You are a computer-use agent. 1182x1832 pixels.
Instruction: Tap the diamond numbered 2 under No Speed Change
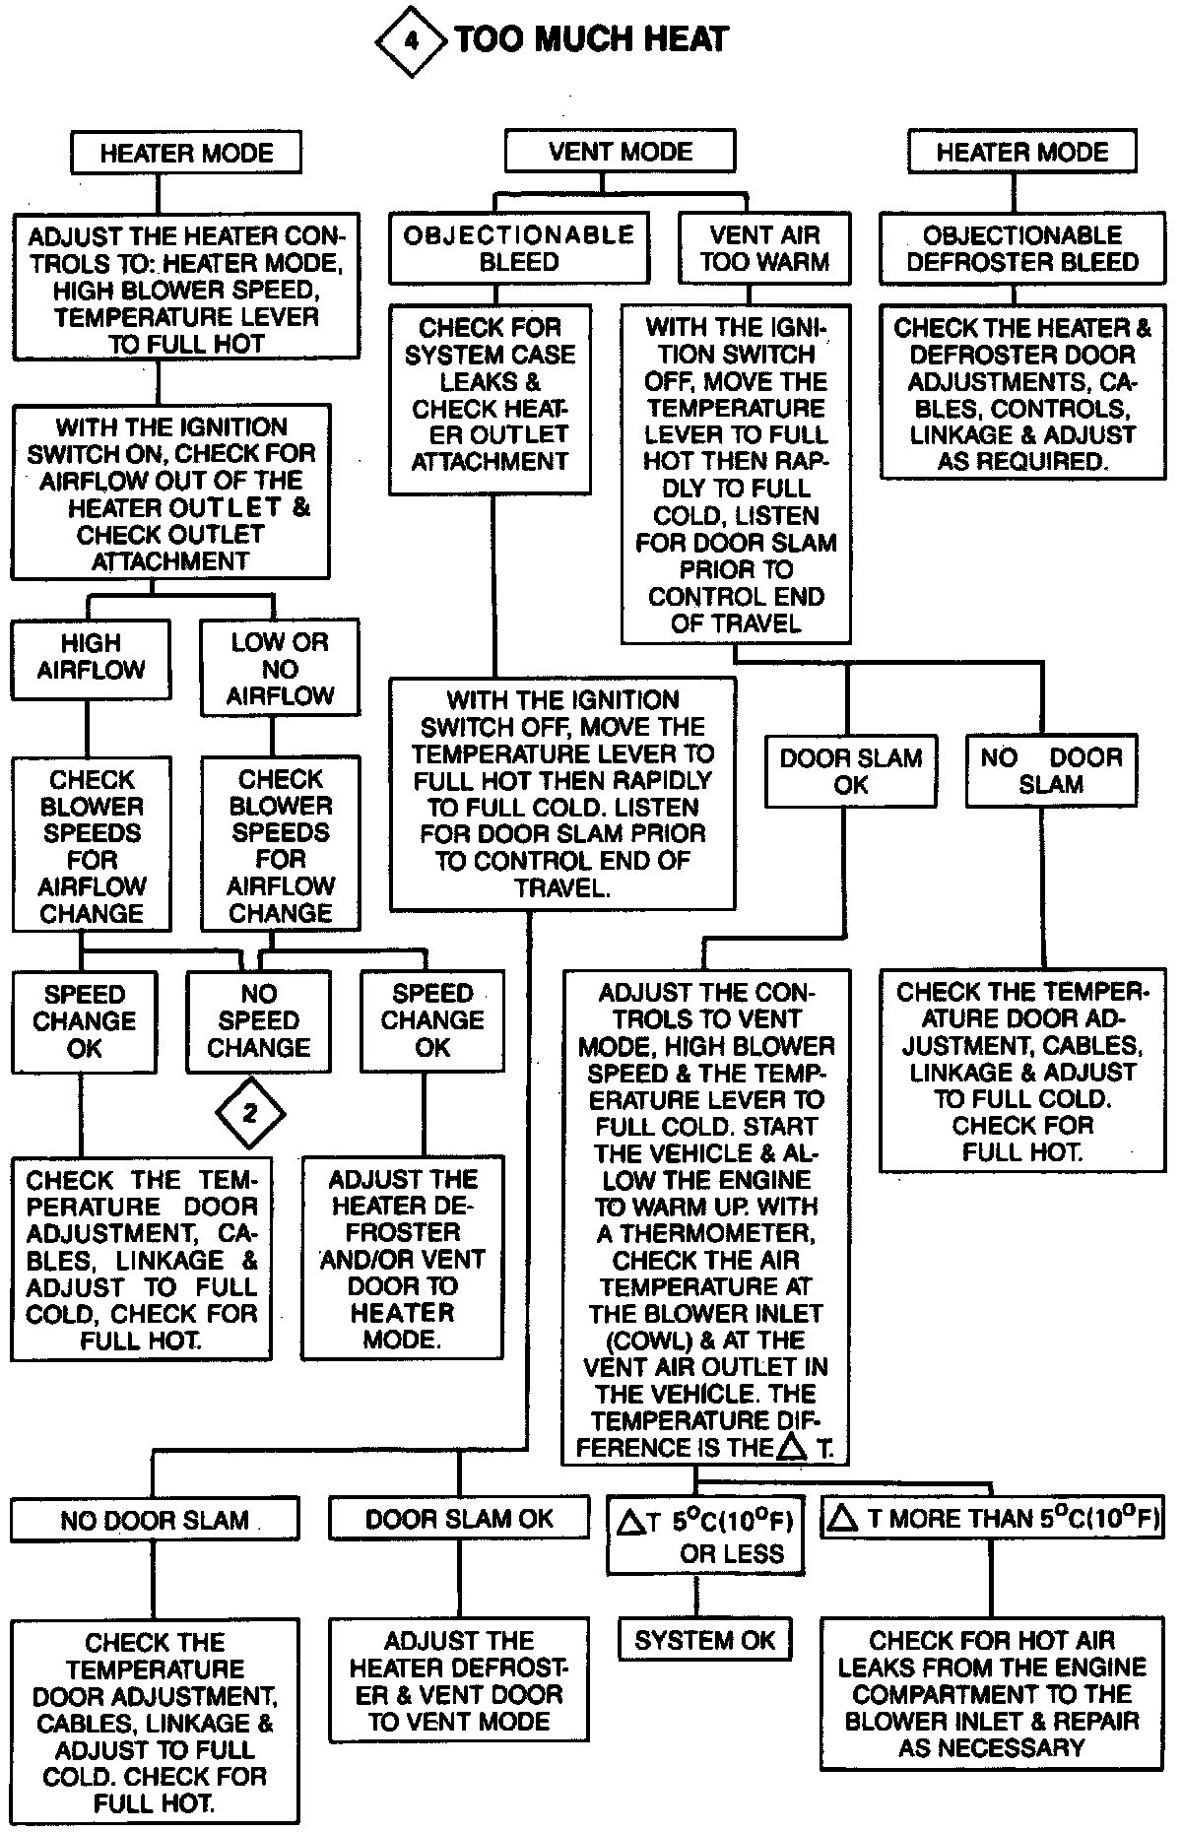pos(250,1113)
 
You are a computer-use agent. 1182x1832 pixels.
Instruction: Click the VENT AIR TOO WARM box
pos(763,248)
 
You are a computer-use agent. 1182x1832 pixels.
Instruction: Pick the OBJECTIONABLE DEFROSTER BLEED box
pos(1021,248)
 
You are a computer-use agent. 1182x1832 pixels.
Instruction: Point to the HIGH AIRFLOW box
pos(91,657)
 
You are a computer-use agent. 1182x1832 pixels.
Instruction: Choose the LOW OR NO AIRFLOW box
pos(280,669)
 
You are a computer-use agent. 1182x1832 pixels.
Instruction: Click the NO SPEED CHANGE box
pos(258,1021)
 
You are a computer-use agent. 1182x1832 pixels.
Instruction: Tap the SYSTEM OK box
pos(704,1640)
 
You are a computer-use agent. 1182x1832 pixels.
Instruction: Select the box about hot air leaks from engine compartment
pos(992,1694)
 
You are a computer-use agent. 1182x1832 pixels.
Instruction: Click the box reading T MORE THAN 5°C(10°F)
pos(992,1519)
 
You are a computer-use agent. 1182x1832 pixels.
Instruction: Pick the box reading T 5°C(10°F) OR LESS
pos(704,1537)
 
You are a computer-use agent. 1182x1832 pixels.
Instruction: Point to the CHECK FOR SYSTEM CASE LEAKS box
pos(490,394)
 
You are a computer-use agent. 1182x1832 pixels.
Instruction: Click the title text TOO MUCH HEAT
pos(591,40)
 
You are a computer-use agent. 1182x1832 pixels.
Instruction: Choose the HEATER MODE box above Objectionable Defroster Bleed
pos(1021,153)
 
